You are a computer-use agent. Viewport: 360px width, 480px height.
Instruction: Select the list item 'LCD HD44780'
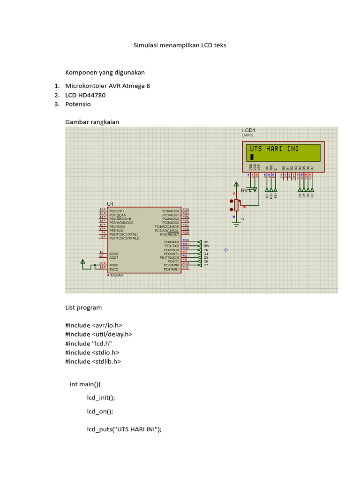coord(85,95)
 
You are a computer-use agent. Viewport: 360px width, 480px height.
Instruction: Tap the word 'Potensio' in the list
coord(78,104)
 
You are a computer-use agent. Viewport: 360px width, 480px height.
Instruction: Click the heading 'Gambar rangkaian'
coord(92,122)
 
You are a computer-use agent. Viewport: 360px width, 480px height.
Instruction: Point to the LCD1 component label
coord(248,130)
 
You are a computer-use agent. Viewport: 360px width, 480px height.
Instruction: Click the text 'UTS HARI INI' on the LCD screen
coord(274,149)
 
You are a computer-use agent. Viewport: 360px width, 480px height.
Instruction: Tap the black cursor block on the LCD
coord(252,157)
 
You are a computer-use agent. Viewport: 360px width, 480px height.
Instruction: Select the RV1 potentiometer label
coord(246,191)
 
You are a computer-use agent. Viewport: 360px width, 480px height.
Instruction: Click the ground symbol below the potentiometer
coord(236,225)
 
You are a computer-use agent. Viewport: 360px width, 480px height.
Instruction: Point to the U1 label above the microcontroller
coord(110,204)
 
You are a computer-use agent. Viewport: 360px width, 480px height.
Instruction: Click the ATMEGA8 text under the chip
coord(115,276)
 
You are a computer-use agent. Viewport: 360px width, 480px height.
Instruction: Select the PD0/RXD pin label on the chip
coord(171,242)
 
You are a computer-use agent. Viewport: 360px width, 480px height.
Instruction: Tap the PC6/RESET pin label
coord(169,234)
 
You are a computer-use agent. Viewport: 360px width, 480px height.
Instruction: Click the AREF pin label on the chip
coord(114,265)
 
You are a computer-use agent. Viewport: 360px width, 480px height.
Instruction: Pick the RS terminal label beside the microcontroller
coord(206,242)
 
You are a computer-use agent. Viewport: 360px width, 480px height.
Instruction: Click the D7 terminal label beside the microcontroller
coord(206,265)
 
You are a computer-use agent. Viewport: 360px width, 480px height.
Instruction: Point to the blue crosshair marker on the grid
coord(225,250)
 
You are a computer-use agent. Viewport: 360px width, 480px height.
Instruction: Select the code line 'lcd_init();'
coord(100,397)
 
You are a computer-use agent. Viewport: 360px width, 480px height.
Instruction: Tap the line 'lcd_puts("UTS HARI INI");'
coord(124,429)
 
